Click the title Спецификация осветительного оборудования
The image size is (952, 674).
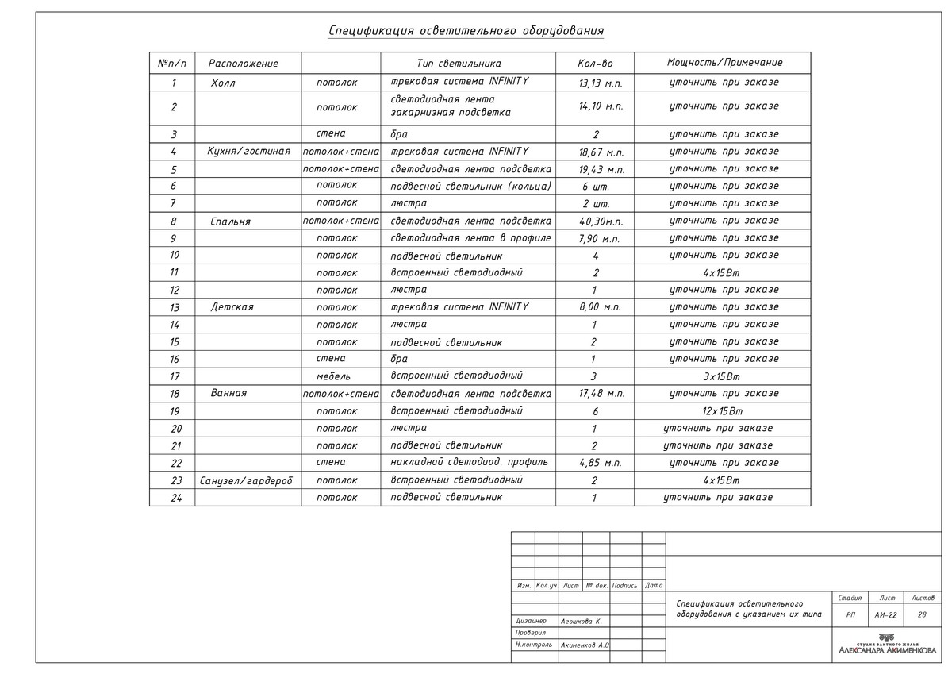point(466,31)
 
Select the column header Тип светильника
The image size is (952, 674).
point(459,63)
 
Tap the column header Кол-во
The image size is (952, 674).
point(595,64)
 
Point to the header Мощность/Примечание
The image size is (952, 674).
point(724,63)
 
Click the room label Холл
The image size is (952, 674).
point(224,83)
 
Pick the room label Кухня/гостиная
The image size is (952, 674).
point(248,151)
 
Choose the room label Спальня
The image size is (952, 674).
point(230,221)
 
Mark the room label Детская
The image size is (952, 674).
point(232,307)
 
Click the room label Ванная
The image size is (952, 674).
point(228,393)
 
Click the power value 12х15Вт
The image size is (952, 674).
point(722,411)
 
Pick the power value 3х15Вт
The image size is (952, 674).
point(722,376)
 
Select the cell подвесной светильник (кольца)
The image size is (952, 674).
point(471,187)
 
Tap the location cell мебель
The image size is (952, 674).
point(333,376)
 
